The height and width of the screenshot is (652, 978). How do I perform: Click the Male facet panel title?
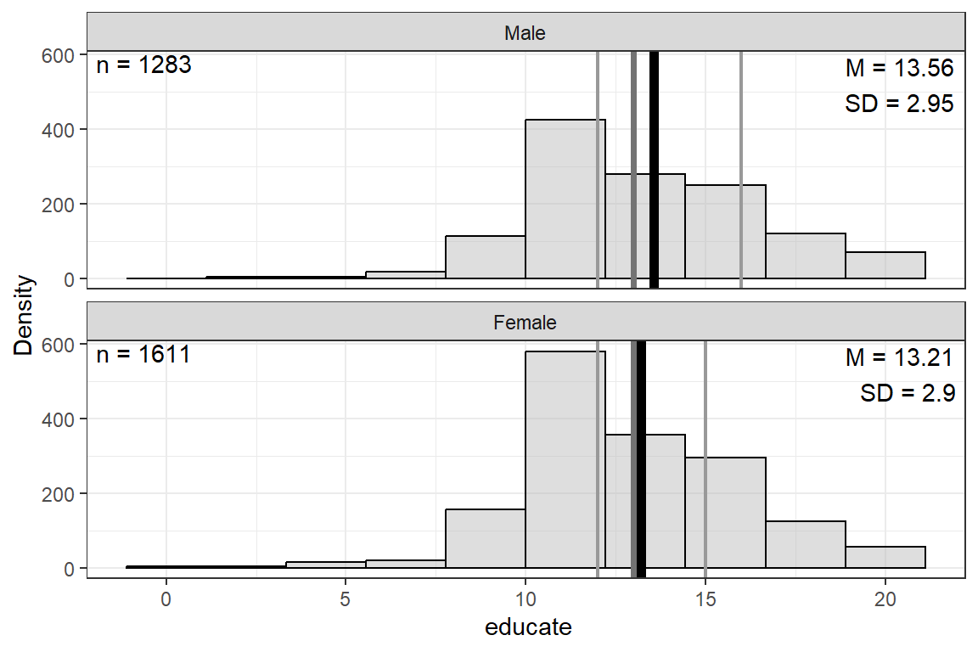pos(525,34)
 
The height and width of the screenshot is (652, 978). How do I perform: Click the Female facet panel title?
pos(525,323)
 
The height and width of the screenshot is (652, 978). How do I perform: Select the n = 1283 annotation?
pos(143,65)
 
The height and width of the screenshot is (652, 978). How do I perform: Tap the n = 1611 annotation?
pos(143,354)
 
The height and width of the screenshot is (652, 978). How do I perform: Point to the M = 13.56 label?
pos(900,68)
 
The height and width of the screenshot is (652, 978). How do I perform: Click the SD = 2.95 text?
pos(900,104)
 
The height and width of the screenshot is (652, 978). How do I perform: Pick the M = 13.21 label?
pos(900,357)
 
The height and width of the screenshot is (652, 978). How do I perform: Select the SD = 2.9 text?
pos(908,393)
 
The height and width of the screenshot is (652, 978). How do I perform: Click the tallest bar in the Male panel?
pos(565,200)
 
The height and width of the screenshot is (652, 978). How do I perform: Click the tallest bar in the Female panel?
pos(565,459)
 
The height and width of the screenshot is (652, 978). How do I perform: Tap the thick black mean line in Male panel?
pos(654,170)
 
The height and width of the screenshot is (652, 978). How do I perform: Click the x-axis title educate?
pos(528,628)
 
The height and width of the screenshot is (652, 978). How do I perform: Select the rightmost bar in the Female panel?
pos(885,558)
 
